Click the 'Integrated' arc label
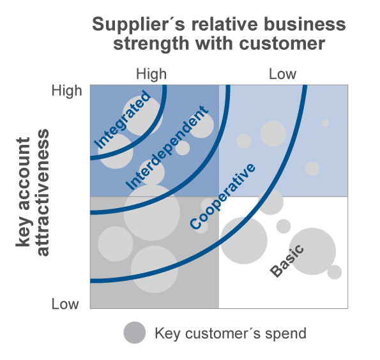[x=123, y=119]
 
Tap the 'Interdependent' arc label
[x=167, y=148]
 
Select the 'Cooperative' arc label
[x=223, y=196]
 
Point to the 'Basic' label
[x=287, y=260]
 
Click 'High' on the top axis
[x=151, y=74]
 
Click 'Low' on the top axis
[x=282, y=74]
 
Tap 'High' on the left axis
[x=66, y=91]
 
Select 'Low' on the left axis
[x=65, y=304]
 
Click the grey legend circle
[x=135, y=333]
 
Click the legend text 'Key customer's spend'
[x=231, y=333]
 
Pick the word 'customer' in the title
[x=282, y=44]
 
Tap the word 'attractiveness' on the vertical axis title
[x=43, y=192]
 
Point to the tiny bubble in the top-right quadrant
[x=326, y=123]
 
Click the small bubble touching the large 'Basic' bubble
[x=335, y=273]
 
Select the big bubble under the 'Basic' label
[x=312, y=251]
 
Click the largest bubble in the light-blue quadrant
[x=273, y=134]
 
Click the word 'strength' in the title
[x=151, y=44]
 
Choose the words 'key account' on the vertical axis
[x=24, y=192]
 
